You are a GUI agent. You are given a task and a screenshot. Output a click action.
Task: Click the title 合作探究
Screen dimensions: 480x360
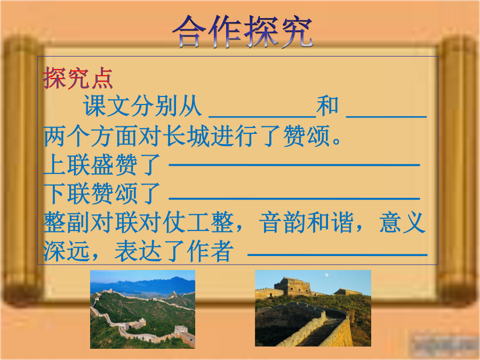243,32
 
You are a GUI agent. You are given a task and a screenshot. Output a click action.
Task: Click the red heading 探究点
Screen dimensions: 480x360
78,78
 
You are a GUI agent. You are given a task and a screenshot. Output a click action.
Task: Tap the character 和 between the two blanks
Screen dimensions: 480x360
327,106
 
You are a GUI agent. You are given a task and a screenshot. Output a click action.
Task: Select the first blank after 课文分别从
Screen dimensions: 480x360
262,117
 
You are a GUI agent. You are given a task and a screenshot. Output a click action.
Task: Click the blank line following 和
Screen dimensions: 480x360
386,117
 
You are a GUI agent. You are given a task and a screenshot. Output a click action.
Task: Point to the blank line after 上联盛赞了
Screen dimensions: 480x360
294,165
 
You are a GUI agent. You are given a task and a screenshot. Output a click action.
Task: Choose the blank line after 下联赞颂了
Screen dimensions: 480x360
294,199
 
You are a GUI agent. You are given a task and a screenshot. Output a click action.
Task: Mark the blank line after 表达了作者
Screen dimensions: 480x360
338,254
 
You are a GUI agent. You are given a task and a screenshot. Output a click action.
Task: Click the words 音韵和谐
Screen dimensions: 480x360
306,222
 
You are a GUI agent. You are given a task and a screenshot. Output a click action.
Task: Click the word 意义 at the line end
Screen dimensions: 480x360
402,222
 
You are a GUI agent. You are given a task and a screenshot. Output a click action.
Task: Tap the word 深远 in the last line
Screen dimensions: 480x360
67,251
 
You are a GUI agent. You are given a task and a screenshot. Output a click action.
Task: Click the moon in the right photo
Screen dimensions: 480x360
327,275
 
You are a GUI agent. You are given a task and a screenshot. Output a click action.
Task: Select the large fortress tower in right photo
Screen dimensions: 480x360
293,286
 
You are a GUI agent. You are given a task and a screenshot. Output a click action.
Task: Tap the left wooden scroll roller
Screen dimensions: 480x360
22,171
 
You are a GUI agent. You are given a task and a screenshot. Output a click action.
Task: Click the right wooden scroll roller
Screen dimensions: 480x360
458,171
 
